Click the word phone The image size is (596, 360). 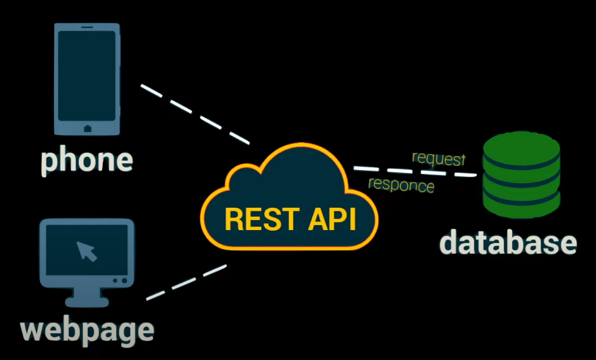87,160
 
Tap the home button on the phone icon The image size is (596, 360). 87,128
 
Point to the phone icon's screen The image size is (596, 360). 87,74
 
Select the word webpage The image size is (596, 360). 87,329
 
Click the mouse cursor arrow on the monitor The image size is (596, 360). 87,251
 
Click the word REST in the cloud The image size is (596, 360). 262,219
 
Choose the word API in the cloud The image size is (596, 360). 332,219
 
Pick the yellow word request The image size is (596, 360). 439,159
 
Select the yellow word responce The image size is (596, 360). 401,185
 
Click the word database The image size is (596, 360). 508,242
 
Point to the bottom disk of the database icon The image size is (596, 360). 521,206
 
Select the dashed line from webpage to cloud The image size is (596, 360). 186,283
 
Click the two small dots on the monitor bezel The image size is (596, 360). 119,281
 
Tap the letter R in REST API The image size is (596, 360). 235,219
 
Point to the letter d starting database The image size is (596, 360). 452,242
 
